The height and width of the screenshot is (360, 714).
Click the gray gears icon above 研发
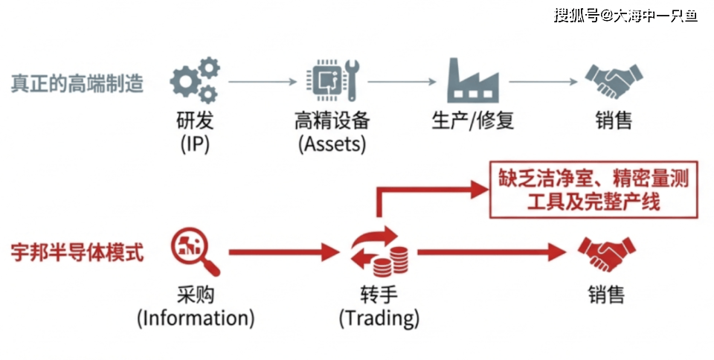pos(195,81)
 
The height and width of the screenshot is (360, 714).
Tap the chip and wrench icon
pos(332,81)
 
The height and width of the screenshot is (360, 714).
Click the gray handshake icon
pos(613,81)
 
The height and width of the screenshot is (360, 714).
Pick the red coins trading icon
pos(380,253)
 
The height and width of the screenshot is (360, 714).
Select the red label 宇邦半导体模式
pos(77,252)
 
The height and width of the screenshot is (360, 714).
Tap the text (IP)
pos(195,144)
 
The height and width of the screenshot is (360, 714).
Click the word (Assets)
pos(332,144)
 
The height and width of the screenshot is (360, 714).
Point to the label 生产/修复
pos(472,120)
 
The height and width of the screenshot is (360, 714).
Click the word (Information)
pos(196,319)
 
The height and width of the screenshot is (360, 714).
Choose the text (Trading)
pos(379,319)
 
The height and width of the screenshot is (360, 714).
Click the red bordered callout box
pos(593,190)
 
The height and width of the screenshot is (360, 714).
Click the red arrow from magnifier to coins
pos(283,253)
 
